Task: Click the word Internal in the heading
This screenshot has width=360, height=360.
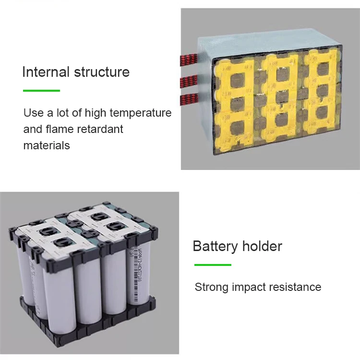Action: (x=46, y=72)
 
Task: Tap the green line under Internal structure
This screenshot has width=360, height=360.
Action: (x=41, y=90)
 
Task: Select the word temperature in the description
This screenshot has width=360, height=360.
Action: (x=141, y=113)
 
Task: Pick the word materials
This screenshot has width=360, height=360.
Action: (x=47, y=145)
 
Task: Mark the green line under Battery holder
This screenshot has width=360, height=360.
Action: (x=213, y=264)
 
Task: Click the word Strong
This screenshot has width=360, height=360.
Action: (x=212, y=288)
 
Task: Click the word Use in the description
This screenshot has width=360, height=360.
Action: (x=34, y=113)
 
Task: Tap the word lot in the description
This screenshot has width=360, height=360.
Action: (x=64, y=113)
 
